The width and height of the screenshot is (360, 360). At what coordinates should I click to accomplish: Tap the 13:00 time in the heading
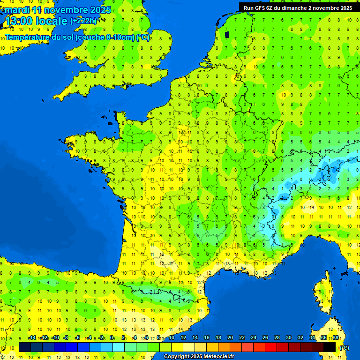click(x=19, y=21)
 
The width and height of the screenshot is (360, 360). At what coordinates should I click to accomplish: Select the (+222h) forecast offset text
click(x=83, y=21)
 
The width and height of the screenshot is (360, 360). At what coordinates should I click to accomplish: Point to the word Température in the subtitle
click(x=27, y=37)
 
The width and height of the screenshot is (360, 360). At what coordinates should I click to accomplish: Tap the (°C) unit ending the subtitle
click(x=143, y=37)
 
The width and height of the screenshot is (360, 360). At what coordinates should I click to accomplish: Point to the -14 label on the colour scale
click(x=32, y=338)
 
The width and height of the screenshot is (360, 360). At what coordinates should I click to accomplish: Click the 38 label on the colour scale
click(x=336, y=338)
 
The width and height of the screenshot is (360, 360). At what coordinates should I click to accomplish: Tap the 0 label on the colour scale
click(x=112, y=338)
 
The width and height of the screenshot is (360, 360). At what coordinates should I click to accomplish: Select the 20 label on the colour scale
click(x=230, y=338)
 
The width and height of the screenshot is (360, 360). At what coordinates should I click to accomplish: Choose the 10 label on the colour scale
click(x=171, y=338)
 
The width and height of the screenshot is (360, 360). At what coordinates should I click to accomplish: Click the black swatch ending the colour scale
click(x=330, y=347)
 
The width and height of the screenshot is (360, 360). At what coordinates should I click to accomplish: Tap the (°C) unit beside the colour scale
click(x=344, y=347)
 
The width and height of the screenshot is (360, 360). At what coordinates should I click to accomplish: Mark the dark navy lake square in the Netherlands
click(x=227, y=35)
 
